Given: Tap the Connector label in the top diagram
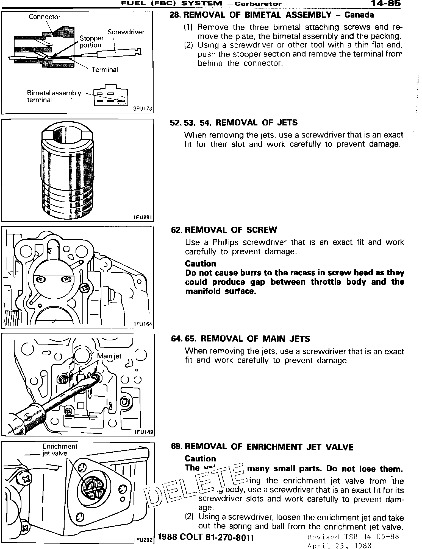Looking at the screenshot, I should tap(45, 17).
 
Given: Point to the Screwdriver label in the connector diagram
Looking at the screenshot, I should tap(126, 32).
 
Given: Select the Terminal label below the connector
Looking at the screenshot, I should tap(105, 70).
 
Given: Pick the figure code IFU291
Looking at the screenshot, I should tap(143, 217).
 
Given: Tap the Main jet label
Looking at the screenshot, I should tap(109, 356).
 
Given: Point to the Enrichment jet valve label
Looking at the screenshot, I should tap(59, 450).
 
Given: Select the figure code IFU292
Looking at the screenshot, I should tap(143, 540).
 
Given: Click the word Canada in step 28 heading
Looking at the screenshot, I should tap(359, 15).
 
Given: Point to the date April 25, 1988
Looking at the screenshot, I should tap(339, 545).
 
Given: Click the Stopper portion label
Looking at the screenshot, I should tap(91, 41).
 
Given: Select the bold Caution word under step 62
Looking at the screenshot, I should tap(200, 264).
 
